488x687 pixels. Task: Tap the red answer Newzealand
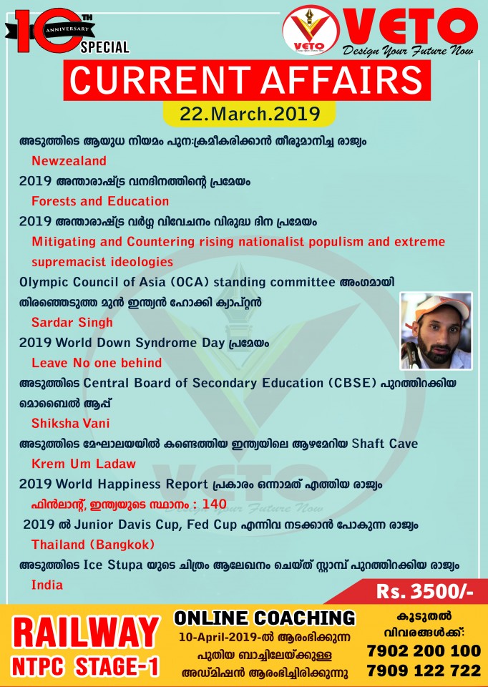(x=69, y=160)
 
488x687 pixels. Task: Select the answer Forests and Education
(x=100, y=201)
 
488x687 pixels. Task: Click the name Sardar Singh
(x=72, y=323)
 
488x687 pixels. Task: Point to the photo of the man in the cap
(x=436, y=331)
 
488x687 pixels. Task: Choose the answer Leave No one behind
(x=97, y=363)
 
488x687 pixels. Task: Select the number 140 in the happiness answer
(x=214, y=504)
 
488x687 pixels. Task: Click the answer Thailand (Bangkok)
(x=92, y=545)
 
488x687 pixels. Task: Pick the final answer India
(x=47, y=585)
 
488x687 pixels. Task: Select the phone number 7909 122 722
(x=424, y=671)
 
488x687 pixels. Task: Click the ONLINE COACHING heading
(x=265, y=618)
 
